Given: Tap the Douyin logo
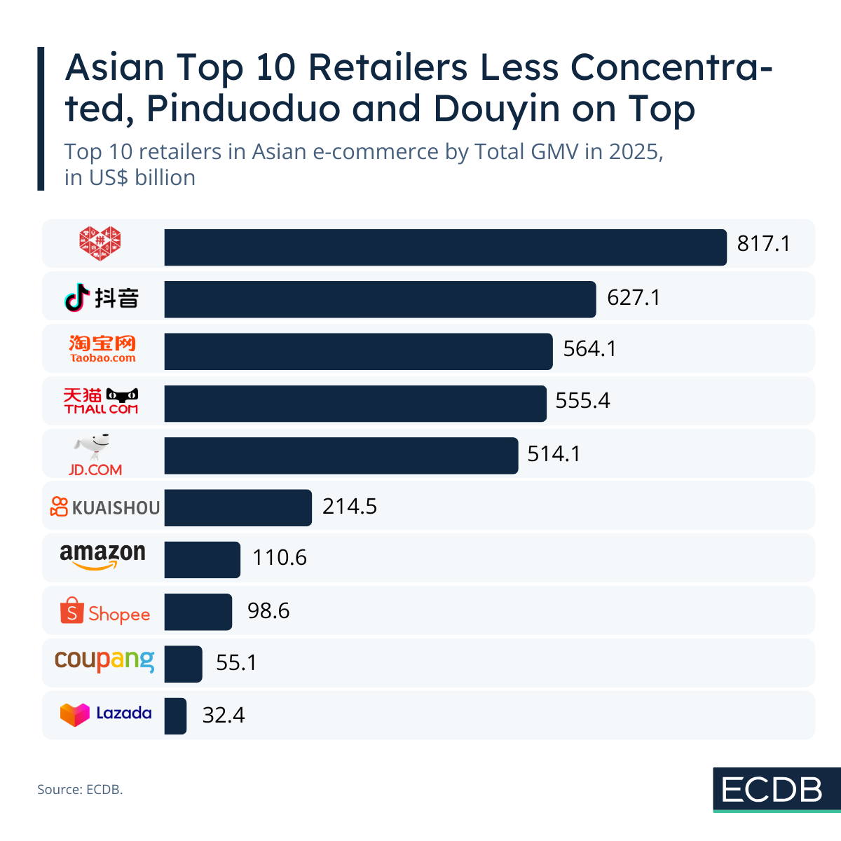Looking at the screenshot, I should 102,298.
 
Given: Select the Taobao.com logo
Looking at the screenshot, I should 102,348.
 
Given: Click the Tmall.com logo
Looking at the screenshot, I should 102,400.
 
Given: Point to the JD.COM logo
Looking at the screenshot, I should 95,455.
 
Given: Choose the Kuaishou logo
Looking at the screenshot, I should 105,507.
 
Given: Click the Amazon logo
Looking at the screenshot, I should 102,556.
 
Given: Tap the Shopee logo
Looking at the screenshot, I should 105,612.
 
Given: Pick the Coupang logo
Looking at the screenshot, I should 104,660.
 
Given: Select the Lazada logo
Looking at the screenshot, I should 105,714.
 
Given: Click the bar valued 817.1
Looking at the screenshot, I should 445,247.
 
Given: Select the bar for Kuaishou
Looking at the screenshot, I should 238,507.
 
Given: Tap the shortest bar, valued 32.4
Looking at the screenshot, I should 175,716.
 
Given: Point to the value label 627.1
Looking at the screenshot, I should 634,298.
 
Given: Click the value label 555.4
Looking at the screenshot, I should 582,400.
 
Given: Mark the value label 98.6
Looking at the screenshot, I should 268,610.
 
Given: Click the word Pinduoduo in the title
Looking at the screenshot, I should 249,109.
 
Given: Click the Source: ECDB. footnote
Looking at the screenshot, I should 80,789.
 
